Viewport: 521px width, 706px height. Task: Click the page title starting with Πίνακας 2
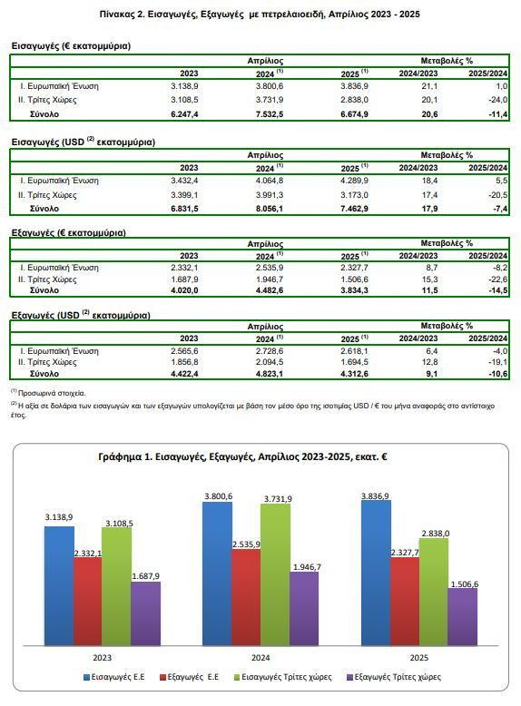pos(260,14)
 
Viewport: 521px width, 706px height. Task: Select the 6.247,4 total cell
pos(184,114)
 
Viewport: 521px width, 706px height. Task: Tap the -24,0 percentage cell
pos(498,100)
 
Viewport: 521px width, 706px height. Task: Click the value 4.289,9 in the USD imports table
pos(354,181)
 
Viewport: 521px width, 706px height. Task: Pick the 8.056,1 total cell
pos(270,209)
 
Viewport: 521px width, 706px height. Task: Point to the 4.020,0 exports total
pos(184,290)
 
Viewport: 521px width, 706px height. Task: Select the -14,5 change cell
pos(498,290)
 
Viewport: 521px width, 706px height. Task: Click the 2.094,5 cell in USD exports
pos(270,362)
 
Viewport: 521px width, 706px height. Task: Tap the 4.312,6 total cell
pos(354,374)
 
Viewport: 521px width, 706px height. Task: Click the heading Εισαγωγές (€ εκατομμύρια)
pos(71,46)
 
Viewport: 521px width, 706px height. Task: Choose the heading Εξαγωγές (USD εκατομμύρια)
pos(81,315)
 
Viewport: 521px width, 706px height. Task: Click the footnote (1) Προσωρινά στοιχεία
pos(48,393)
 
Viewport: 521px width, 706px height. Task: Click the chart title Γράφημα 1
pos(242,457)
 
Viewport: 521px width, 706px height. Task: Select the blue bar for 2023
pos(59,586)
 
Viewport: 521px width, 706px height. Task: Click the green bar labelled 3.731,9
pos(276,574)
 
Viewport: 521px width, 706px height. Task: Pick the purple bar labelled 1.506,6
pos(463,617)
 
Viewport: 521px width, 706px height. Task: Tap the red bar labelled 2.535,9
pos(246,597)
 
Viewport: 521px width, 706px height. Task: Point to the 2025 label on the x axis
pos(418,658)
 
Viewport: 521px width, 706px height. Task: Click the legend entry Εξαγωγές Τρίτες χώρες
pos(394,677)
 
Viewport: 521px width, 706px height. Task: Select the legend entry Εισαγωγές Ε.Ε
pos(114,677)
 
